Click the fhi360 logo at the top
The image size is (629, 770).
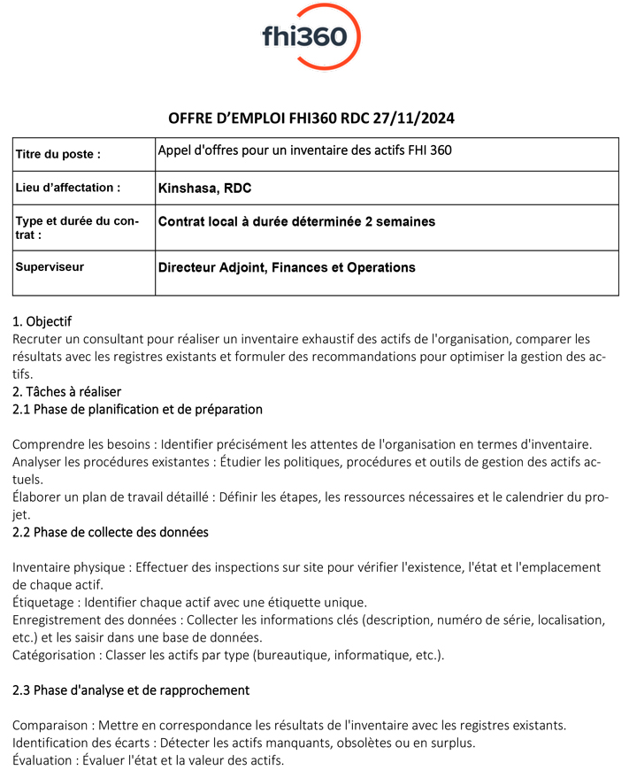311,36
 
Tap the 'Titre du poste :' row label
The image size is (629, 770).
58,154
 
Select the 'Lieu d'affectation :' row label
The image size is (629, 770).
68,188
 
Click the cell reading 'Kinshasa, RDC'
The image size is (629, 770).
204,188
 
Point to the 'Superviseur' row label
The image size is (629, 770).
50,266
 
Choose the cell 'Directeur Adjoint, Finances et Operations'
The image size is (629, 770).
286,267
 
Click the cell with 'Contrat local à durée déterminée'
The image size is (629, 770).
296,221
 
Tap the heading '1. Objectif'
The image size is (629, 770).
42,321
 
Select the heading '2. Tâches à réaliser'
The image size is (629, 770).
66,391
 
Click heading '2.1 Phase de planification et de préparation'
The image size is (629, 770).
137,409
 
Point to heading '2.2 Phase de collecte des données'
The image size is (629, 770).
111,532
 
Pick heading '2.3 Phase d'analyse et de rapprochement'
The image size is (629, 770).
131,689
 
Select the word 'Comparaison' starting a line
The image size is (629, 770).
50,725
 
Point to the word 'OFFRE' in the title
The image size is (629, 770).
191,119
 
